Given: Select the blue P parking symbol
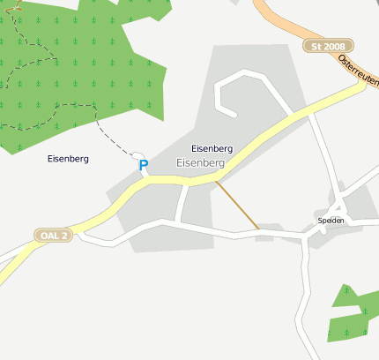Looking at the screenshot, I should pyautogui.click(x=144, y=165).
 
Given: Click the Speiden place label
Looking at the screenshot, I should pyautogui.click(x=331, y=220).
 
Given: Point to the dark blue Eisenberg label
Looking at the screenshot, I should pyautogui.click(x=68, y=159).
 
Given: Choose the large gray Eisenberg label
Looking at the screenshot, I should pyautogui.click(x=201, y=163).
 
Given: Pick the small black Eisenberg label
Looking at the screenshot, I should pyautogui.click(x=212, y=149).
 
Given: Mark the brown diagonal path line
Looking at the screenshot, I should pyautogui.click(x=238, y=206).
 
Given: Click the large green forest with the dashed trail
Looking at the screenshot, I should pyautogui.click(x=71, y=71).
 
